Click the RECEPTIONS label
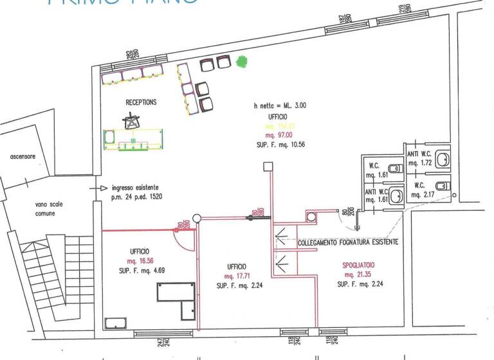pyautogui.click(x=141, y=102)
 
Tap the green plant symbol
pyautogui.click(x=242, y=62)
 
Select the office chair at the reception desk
pyautogui.click(x=133, y=120)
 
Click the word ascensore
pyautogui.click(x=23, y=157)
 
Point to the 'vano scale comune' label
pyautogui.click(x=49, y=208)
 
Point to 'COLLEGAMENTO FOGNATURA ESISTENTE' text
pyautogui.click(x=347, y=242)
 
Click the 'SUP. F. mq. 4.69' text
pyautogui.click(x=143, y=270)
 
